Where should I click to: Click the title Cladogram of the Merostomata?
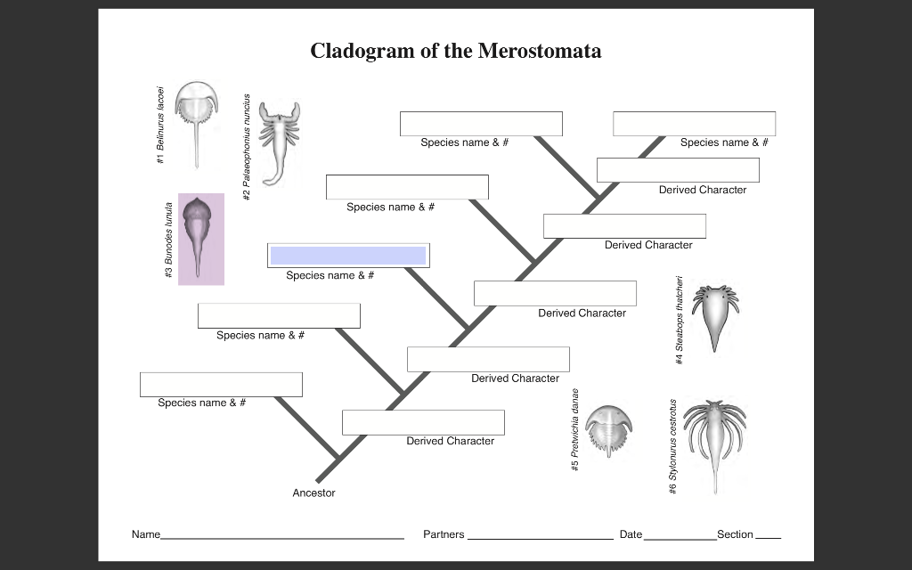pyautogui.click(x=455, y=51)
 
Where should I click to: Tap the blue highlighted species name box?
pyautogui.click(x=348, y=256)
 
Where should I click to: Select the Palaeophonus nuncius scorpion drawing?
pyautogui.click(x=278, y=142)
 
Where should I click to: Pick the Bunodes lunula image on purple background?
pyautogui.click(x=200, y=239)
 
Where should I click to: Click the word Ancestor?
pyautogui.click(x=313, y=493)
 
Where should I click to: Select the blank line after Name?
pyautogui.click(x=282, y=536)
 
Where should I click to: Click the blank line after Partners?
pyautogui.click(x=540, y=536)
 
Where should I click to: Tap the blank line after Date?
pyautogui.click(x=679, y=536)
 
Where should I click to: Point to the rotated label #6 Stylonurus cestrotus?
pyautogui.click(x=673, y=446)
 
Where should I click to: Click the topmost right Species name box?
pyautogui.click(x=694, y=124)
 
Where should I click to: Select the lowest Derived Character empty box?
pyautogui.click(x=423, y=422)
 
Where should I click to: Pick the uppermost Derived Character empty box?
pyautogui.click(x=678, y=170)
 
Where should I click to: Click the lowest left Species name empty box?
pyautogui.click(x=221, y=385)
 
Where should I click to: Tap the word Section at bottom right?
pyautogui.click(x=735, y=534)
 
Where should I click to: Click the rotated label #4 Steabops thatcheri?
pyautogui.click(x=680, y=320)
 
